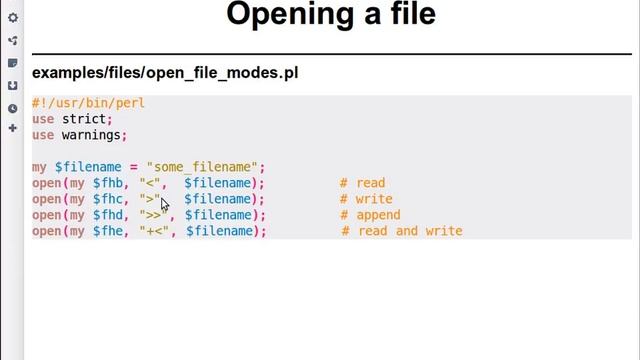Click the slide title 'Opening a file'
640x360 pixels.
click(x=331, y=15)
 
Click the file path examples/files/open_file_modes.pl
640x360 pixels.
click(x=165, y=73)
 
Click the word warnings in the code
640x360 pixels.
click(x=92, y=135)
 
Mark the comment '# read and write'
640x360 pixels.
click(x=401, y=231)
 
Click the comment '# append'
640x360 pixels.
click(x=370, y=215)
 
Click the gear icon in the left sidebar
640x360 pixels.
click(x=12, y=18)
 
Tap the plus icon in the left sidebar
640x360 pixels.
click(x=12, y=128)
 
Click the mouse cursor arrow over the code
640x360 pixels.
click(x=164, y=204)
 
